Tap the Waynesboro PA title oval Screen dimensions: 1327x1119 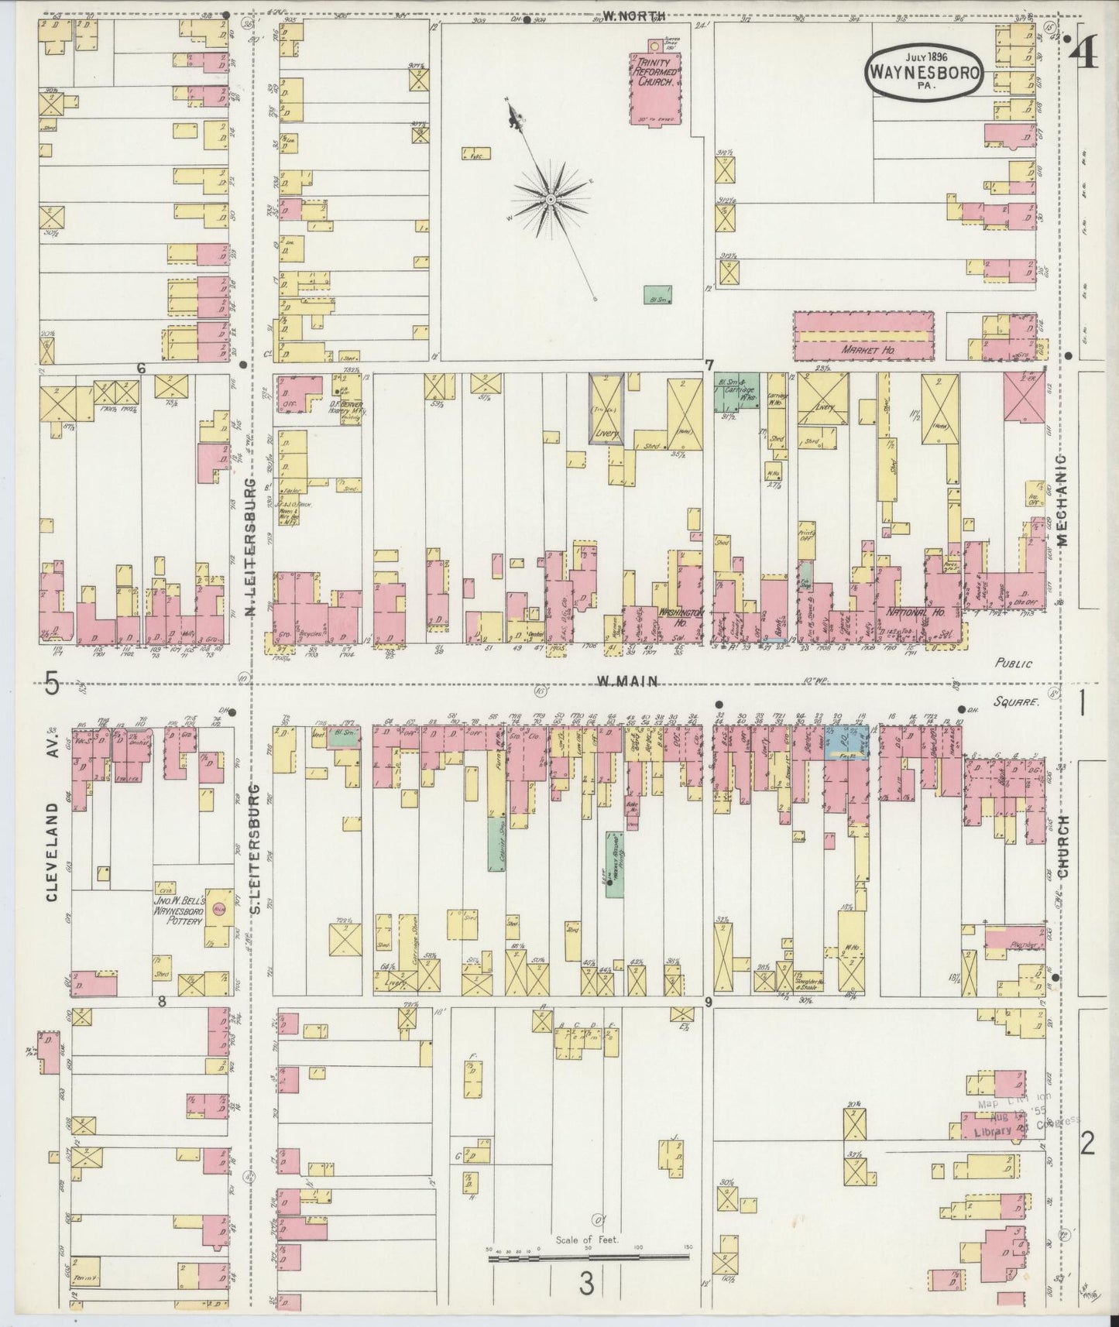(x=925, y=70)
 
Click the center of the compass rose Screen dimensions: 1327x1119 (x=549, y=200)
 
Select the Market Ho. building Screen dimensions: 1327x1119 (x=863, y=336)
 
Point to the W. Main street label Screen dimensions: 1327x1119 (x=626, y=681)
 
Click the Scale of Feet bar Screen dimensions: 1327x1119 (x=589, y=1258)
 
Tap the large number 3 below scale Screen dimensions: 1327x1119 (x=586, y=1284)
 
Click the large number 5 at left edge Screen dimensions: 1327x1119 (x=52, y=684)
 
